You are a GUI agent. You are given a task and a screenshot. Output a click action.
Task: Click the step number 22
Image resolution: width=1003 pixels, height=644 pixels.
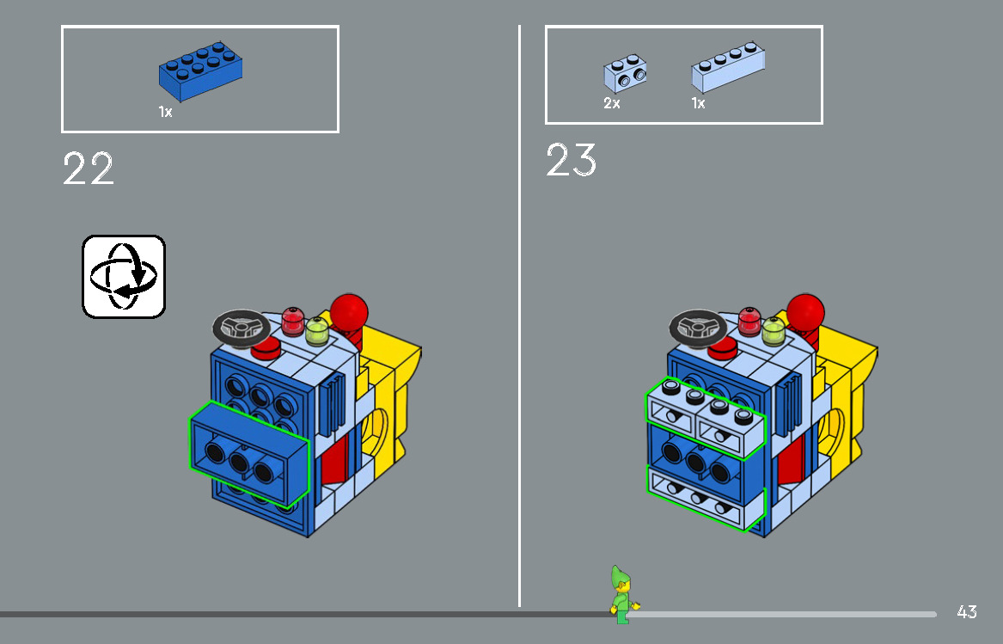[88, 169]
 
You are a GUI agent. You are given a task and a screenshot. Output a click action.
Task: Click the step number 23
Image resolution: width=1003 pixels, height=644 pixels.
[571, 161]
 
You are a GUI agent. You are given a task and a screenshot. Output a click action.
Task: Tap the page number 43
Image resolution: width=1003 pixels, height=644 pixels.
[966, 612]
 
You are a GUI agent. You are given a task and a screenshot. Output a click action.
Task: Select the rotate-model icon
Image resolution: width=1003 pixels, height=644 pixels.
[124, 276]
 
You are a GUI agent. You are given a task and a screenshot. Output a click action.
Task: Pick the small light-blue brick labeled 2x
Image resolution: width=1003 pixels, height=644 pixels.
[625, 74]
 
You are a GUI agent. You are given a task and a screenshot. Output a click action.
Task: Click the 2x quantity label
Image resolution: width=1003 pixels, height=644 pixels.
[611, 103]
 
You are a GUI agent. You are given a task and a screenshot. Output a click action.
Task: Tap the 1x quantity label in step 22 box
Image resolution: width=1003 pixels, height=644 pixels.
[165, 112]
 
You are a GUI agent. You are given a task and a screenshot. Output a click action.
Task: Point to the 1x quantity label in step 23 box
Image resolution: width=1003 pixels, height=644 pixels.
[698, 103]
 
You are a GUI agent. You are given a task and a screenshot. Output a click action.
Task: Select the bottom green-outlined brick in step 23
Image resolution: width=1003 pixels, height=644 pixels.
[705, 499]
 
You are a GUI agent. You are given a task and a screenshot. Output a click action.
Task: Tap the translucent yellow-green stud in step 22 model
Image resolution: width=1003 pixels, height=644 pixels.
[317, 330]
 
